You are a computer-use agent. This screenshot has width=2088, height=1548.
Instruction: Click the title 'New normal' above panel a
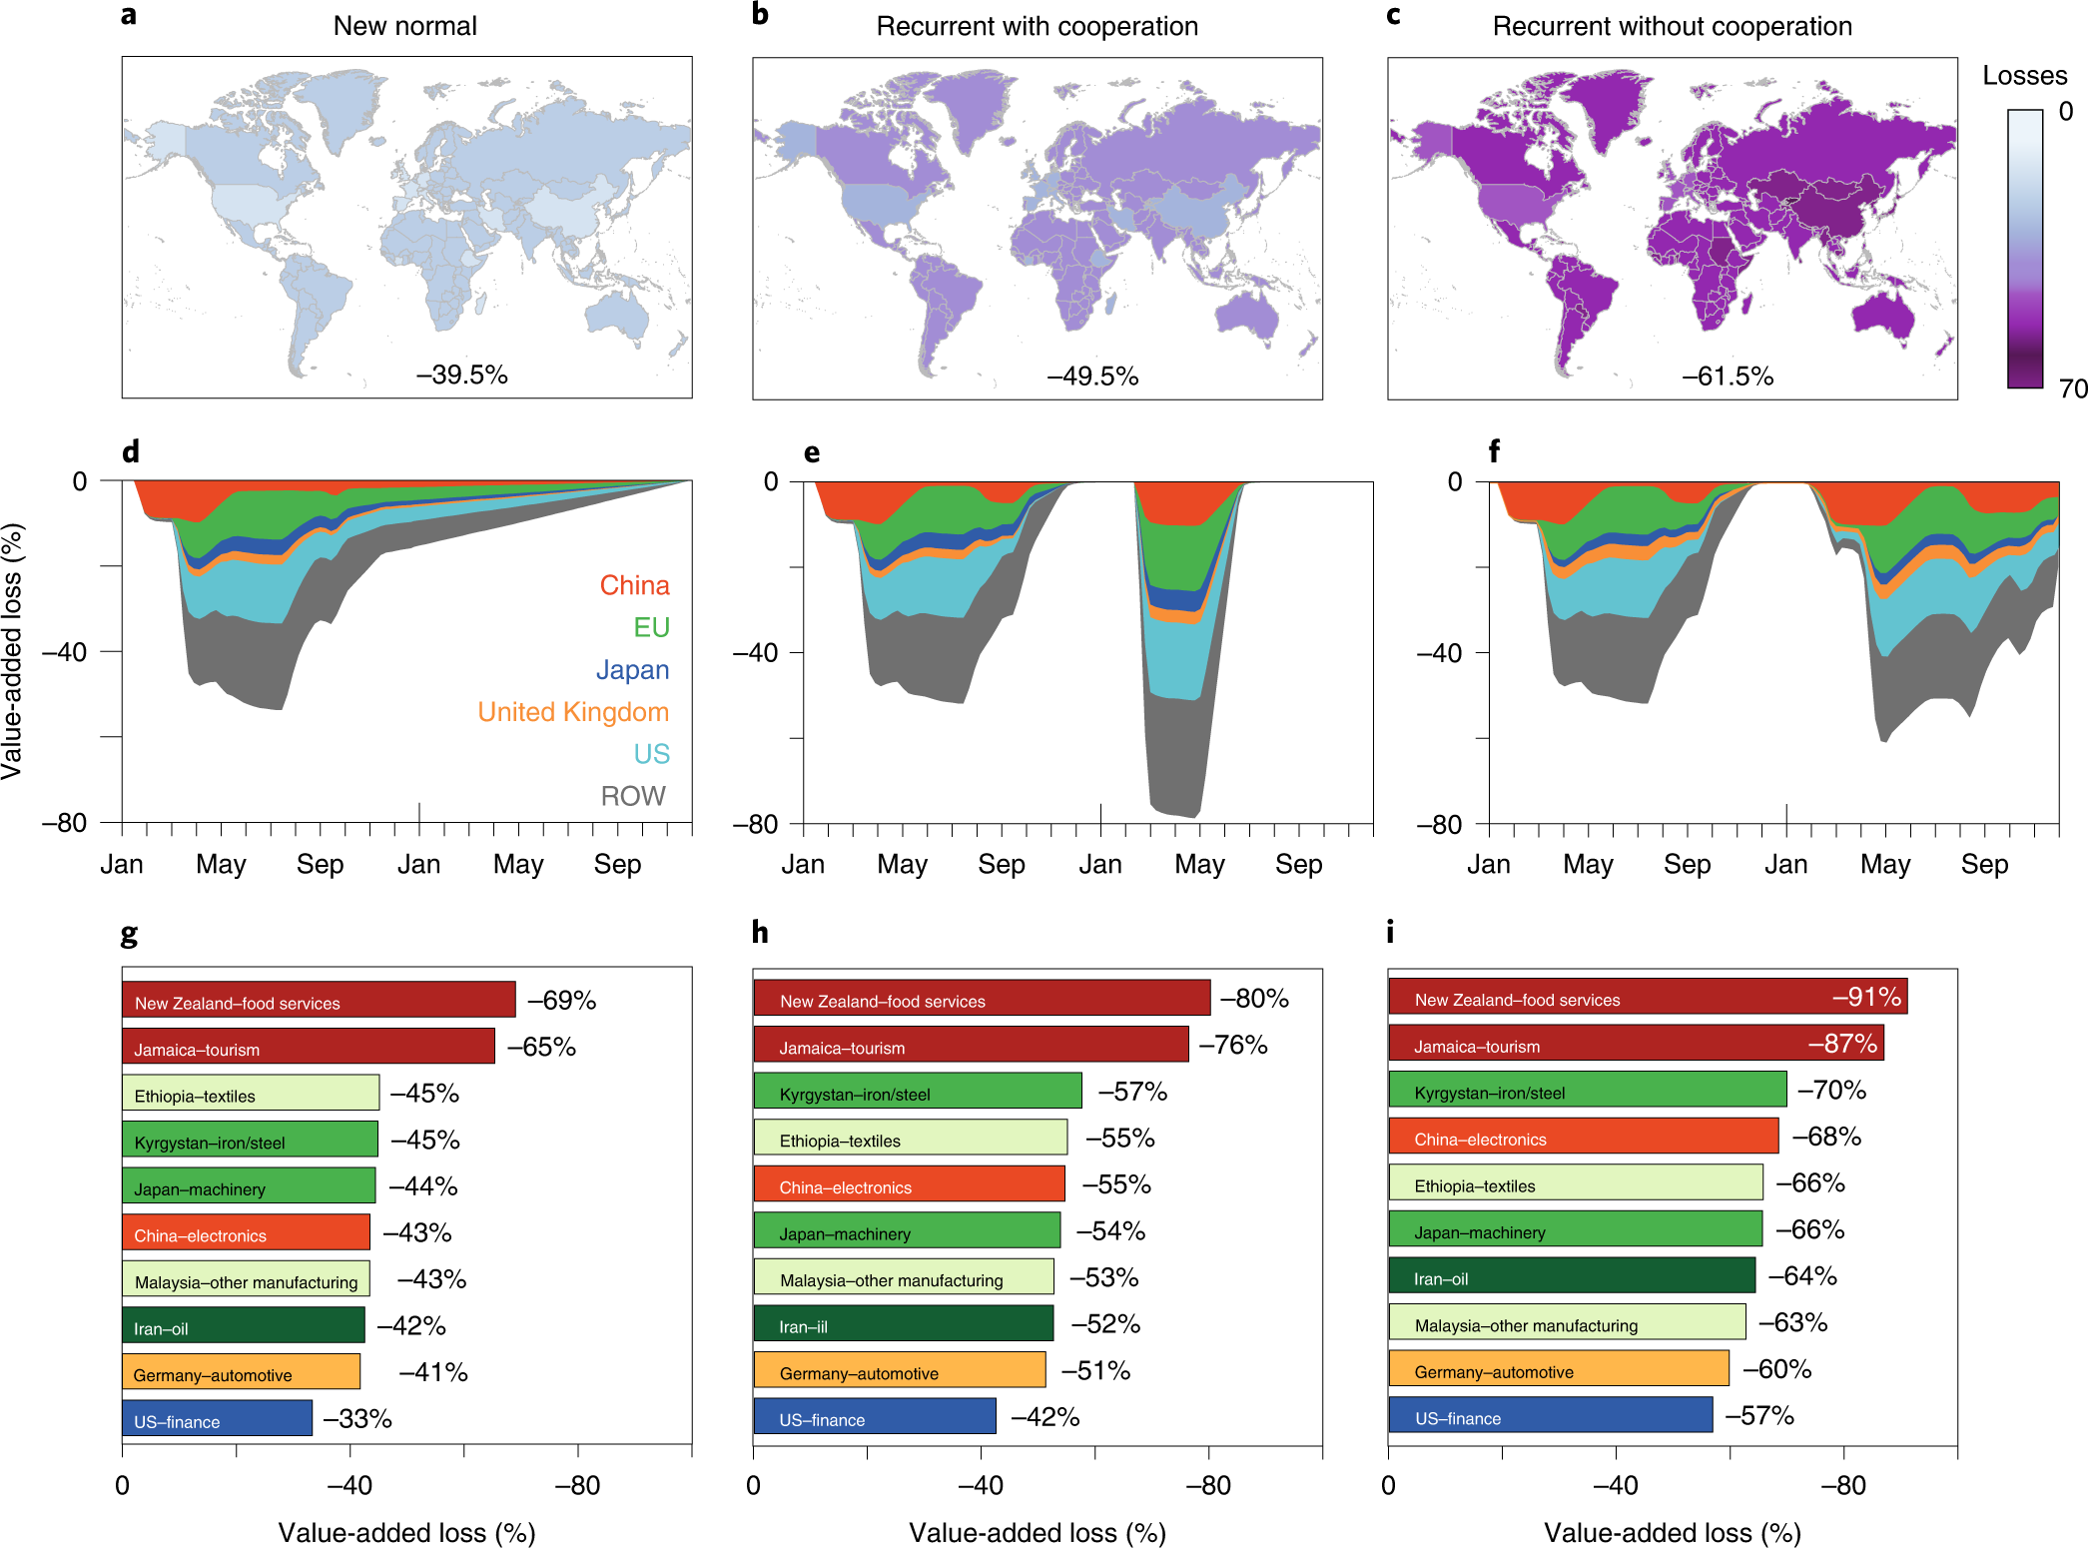tap(404, 26)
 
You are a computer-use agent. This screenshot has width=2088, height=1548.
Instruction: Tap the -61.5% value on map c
tap(1728, 377)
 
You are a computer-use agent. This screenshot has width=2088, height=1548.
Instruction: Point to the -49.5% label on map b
tap(1092, 377)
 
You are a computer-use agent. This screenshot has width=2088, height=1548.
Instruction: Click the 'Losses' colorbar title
tap(2024, 76)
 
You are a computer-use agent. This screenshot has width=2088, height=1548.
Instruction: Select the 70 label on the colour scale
tap(2072, 388)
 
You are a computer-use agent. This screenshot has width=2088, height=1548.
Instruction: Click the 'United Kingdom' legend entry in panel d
tap(572, 712)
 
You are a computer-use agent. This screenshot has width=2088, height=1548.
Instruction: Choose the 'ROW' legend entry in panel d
tap(632, 796)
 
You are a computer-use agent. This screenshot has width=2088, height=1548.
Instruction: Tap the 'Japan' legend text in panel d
tap(631, 670)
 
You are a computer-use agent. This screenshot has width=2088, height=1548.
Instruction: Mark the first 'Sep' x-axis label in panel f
tap(1687, 865)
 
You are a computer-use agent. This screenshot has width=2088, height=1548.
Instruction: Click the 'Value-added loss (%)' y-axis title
tap(12, 651)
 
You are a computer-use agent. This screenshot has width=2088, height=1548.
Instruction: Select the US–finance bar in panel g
tap(217, 1418)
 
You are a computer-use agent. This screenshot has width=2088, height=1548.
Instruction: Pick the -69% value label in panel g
tap(561, 1001)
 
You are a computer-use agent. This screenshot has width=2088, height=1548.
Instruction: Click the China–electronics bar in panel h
tap(909, 1184)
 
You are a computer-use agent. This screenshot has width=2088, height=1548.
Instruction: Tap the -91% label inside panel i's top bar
tap(1866, 997)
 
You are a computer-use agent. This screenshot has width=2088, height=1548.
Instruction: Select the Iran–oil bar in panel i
tap(1571, 1276)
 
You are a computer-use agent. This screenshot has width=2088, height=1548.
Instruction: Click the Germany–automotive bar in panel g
tap(241, 1372)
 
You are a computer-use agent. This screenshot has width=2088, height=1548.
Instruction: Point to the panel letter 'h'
tap(760, 933)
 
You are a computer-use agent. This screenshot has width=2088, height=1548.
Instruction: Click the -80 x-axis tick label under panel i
tap(1842, 1486)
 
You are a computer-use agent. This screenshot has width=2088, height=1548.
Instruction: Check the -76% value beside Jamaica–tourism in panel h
tap(1233, 1046)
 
